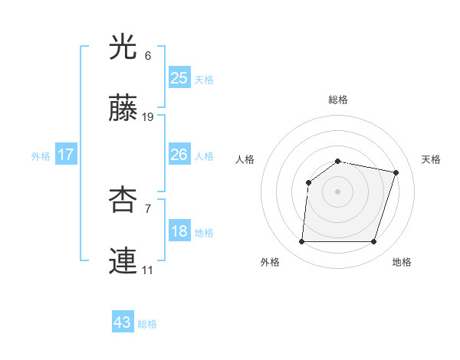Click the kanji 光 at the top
124,47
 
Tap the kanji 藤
124,108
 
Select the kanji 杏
124,200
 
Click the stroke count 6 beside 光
147,56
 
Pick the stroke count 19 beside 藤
148,117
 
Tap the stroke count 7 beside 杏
147,208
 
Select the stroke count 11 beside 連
148,270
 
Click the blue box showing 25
179,77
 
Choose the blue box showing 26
179,155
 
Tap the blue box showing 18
179,232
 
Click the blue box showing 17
66,155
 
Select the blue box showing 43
123,322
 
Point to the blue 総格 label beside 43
147,324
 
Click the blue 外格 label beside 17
41,156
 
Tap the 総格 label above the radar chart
338,100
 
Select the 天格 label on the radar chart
431,159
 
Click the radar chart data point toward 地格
374,242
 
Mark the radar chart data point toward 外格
301,242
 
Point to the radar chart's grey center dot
337,191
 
